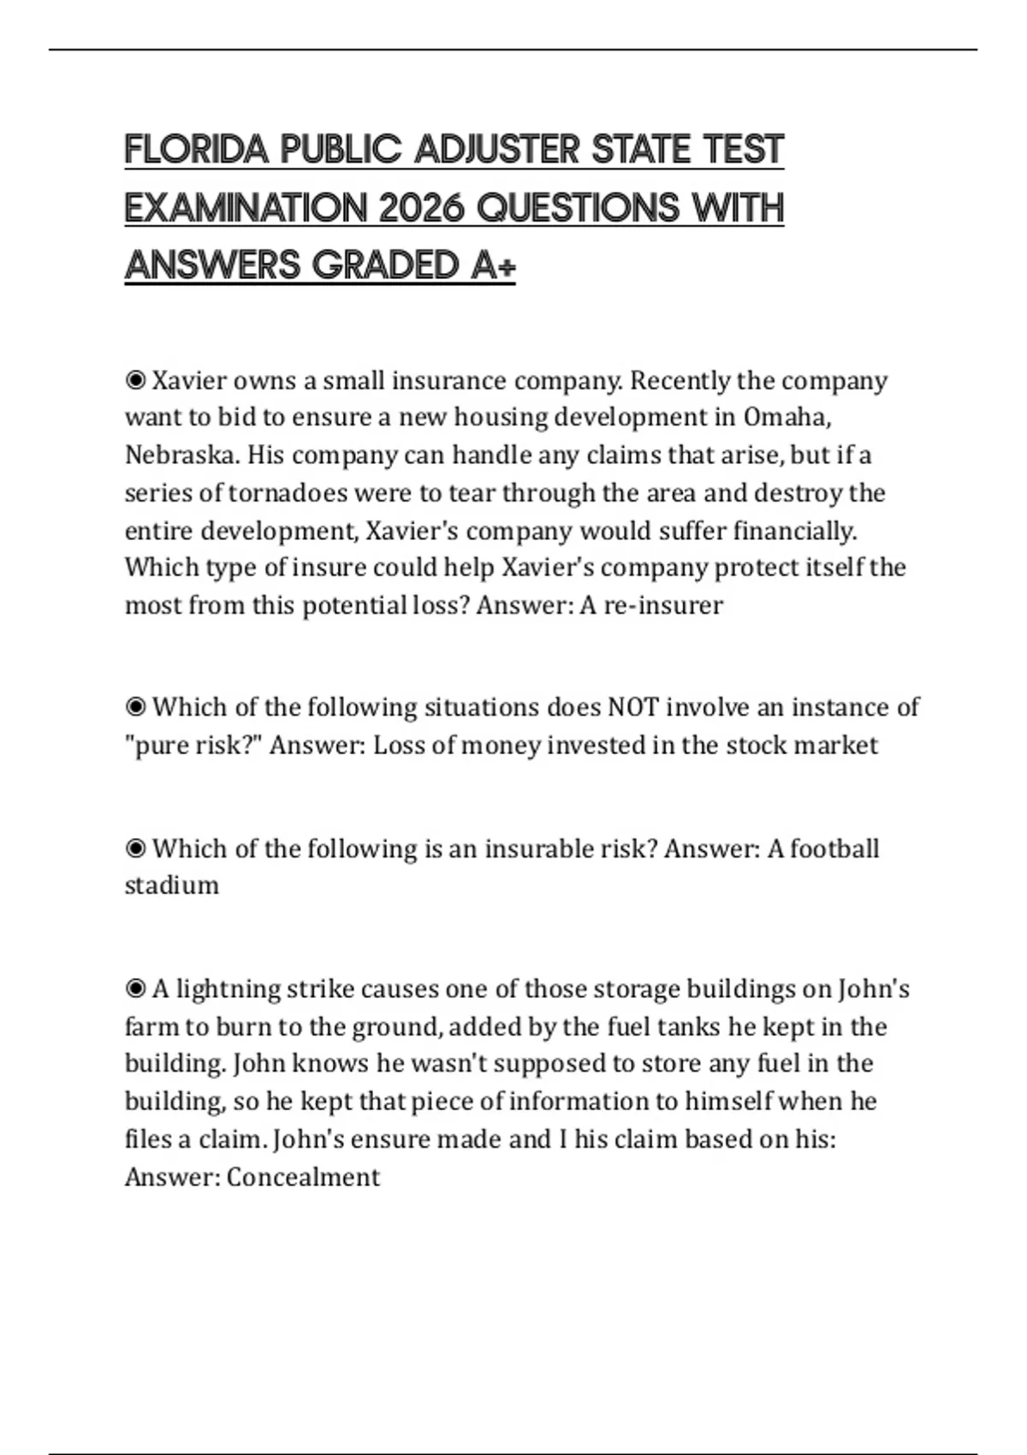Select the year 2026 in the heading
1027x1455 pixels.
click(x=420, y=208)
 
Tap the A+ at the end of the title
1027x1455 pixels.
click(x=493, y=265)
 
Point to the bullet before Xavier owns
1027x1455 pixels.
click(x=134, y=379)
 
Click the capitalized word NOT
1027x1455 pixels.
click(x=632, y=707)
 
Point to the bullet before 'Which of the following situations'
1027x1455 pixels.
click(x=134, y=707)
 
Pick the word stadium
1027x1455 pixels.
click(x=171, y=885)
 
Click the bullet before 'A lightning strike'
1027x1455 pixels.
click(x=134, y=989)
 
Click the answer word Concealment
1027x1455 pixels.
click(x=303, y=1177)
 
